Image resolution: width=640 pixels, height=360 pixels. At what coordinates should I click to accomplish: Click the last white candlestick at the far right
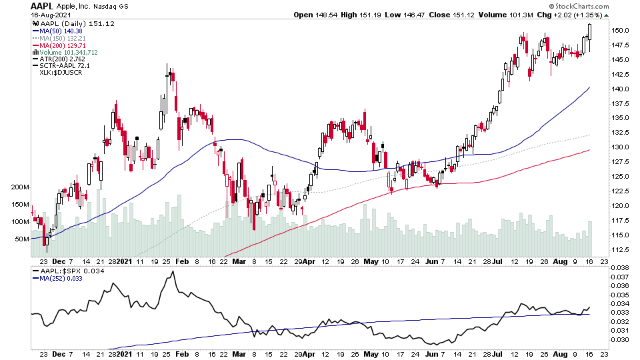click(590, 32)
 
